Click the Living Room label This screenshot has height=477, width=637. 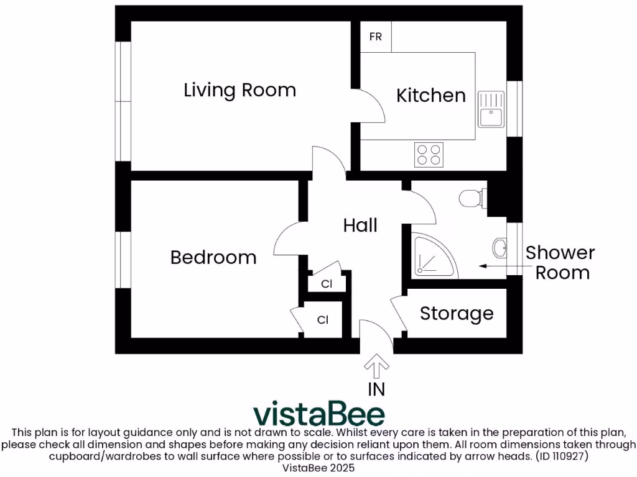pyautogui.click(x=239, y=91)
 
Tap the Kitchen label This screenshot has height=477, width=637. pyautogui.click(x=431, y=96)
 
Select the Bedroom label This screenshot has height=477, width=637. pyautogui.click(x=213, y=257)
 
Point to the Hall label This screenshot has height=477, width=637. pyautogui.click(x=361, y=225)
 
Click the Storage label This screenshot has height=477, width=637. pyautogui.click(x=457, y=314)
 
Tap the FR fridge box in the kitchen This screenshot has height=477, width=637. pyautogui.click(x=376, y=37)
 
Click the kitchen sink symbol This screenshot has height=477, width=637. pyautogui.click(x=491, y=109)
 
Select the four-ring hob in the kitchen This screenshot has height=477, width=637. pyautogui.click(x=429, y=155)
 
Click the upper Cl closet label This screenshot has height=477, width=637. pyautogui.click(x=326, y=284)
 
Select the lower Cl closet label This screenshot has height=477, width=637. pyautogui.click(x=323, y=320)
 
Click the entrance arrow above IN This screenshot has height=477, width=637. pyautogui.click(x=376, y=366)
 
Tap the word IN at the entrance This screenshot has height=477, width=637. pyautogui.click(x=376, y=389)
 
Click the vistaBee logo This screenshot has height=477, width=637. pyautogui.click(x=318, y=414)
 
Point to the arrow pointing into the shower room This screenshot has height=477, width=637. pyautogui.click(x=500, y=266)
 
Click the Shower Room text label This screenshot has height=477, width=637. pyautogui.click(x=560, y=263)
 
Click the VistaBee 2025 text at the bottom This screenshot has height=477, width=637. pyautogui.click(x=318, y=468)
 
